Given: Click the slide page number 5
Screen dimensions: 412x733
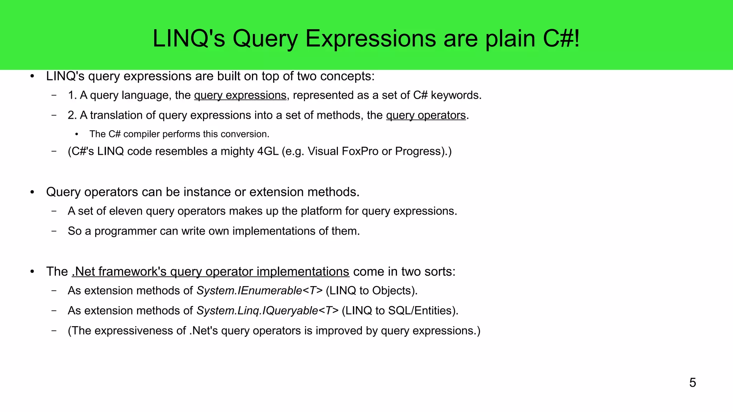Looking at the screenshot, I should click(692, 383).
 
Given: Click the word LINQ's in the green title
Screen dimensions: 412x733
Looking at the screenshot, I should click(189, 39).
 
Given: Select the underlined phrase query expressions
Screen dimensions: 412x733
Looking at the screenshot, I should click(240, 95).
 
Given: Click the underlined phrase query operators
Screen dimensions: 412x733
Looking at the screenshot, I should click(426, 116).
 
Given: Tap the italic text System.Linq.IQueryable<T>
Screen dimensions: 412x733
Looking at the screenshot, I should click(267, 311).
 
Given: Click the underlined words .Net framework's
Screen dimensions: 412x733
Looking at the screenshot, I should click(119, 272).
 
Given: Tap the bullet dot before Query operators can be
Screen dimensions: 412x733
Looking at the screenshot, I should click(32, 192).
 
